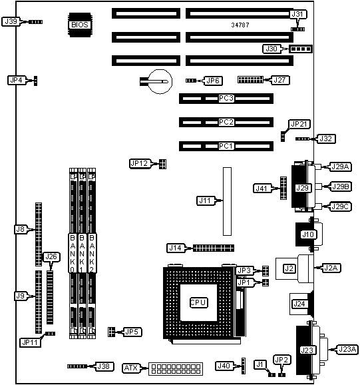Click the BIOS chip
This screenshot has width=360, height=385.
pos(80,25)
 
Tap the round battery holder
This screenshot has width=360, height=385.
pos(160,81)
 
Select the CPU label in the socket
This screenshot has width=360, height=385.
pos(199,302)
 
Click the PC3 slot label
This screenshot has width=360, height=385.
pos(226,98)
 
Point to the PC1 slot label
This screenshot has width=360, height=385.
pos(226,146)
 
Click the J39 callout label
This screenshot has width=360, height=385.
pos(11,21)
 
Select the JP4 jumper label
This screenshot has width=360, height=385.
pos(17,80)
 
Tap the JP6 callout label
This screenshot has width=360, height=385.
pos(213,81)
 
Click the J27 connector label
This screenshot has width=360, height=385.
pos(280,80)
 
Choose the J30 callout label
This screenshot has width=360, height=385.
pos(271,49)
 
